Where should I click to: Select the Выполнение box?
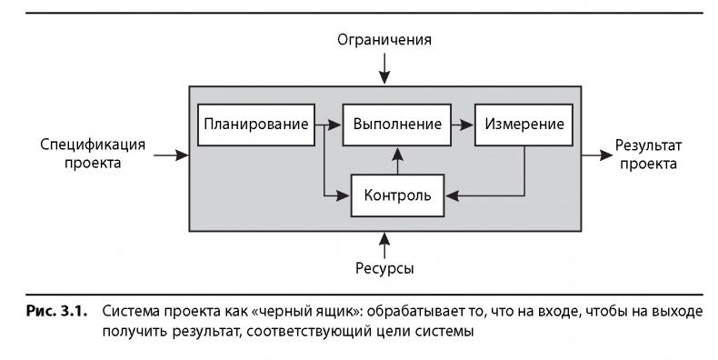point(397,125)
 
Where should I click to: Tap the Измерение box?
point(524,125)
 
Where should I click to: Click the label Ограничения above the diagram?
point(384,40)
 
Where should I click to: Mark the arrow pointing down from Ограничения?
point(384,68)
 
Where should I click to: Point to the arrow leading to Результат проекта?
point(595,155)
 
